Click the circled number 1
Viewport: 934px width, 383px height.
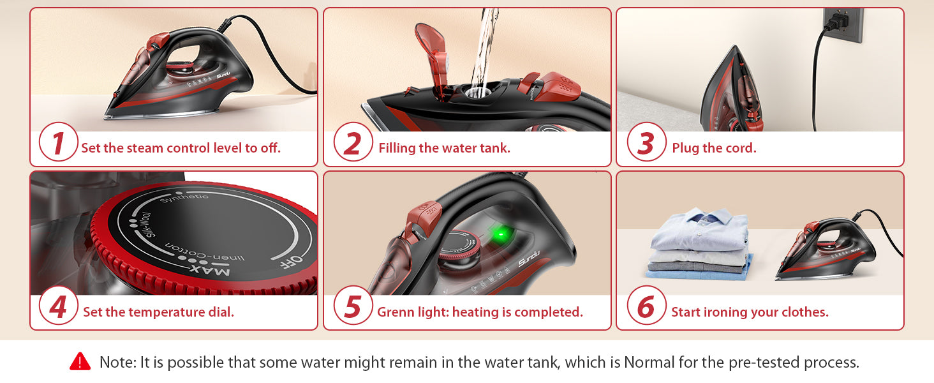click(x=59, y=142)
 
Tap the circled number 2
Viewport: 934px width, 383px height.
click(x=353, y=142)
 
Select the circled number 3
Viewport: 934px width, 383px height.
click(x=646, y=142)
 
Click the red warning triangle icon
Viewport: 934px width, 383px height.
click(x=80, y=361)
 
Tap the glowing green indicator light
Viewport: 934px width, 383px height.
click(x=501, y=234)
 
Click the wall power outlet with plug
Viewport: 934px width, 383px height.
click(x=842, y=24)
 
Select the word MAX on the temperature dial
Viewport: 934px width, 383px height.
click(x=210, y=270)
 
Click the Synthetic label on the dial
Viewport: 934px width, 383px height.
click(x=184, y=197)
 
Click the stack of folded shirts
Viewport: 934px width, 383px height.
click(x=700, y=243)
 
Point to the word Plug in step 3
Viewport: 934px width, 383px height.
click(x=685, y=148)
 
